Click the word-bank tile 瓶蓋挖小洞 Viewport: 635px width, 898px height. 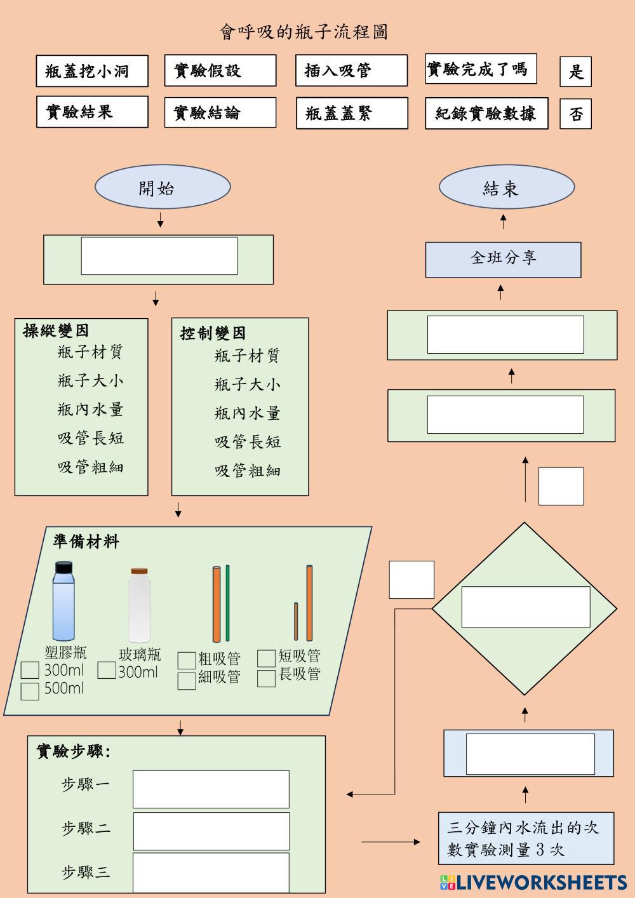coord(92,70)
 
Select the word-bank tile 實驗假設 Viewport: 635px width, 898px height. coord(220,70)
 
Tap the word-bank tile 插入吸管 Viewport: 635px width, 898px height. coord(351,70)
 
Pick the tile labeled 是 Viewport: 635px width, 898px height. coord(575,71)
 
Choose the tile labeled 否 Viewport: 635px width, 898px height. coord(575,114)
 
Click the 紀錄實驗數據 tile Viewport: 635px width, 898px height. coord(486,114)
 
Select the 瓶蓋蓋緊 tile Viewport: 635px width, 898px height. coord(351,114)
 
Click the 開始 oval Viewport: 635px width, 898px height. coord(163,187)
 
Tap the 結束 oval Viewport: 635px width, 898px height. coord(506,187)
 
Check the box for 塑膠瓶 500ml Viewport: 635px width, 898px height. coord(30,691)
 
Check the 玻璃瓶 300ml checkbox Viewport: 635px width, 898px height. coord(107,670)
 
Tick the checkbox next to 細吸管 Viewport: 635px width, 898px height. coord(187,681)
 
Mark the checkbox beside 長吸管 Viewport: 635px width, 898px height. coord(266,678)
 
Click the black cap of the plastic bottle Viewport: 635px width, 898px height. coord(63,567)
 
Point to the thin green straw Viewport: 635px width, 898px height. coord(227,603)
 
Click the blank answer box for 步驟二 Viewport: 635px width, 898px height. coord(211,831)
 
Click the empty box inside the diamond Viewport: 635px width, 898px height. coord(525,607)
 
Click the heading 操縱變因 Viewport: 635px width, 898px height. coord(56,331)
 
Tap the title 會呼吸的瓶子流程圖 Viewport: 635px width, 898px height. coord(304,32)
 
